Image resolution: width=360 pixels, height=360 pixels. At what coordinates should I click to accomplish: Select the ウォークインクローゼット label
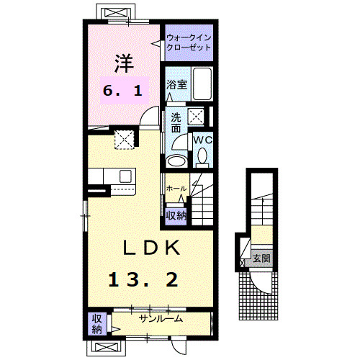(189, 41)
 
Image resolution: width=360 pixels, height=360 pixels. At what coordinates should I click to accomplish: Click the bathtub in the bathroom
(202, 85)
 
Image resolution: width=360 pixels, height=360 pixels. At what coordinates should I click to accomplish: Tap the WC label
(201, 138)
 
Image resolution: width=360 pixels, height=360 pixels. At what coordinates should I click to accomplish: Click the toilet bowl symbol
(202, 154)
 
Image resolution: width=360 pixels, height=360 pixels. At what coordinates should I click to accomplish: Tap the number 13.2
(143, 280)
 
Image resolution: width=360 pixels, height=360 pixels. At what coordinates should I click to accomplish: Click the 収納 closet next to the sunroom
(96, 324)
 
